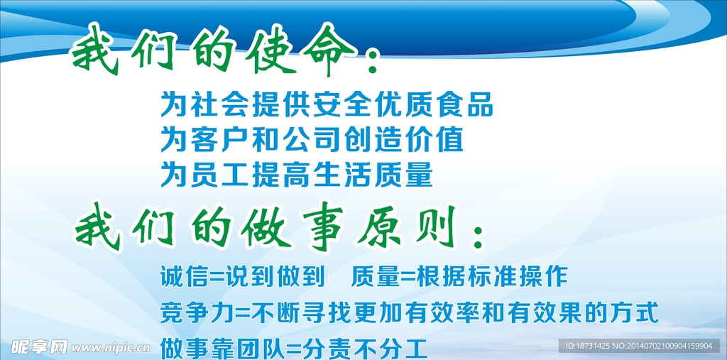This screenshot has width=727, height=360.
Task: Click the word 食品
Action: [x=461, y=105]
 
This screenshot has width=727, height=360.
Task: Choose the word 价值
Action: [x=431, y=140]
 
